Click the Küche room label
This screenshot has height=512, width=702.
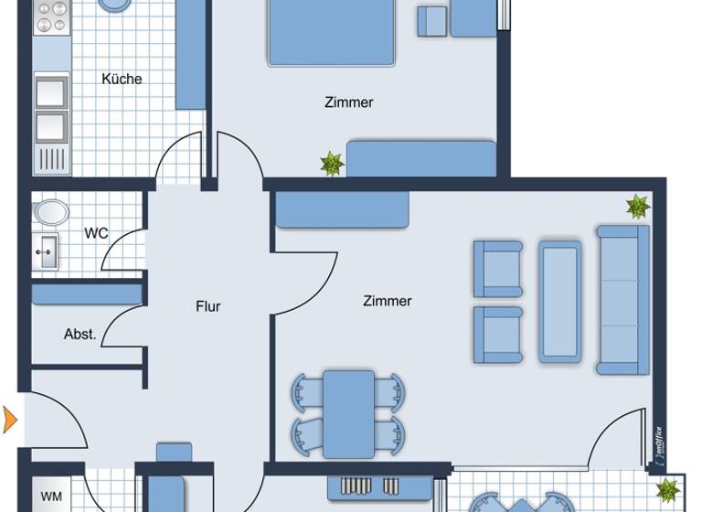click(122, 79)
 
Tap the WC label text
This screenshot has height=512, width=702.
click(96, 233)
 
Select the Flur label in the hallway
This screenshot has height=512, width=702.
click(208, 306)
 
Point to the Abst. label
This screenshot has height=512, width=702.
click(80, 335)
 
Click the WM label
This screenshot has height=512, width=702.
click(51, 497)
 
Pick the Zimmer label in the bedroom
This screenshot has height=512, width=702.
click(348, 102)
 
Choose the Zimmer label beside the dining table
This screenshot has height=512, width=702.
click(387, 301)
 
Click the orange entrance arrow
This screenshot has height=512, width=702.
click(10, 420)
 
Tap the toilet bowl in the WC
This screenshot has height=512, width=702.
click(51, 213)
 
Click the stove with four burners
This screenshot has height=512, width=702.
click(51, 19)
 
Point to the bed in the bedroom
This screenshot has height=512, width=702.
click(332, 32)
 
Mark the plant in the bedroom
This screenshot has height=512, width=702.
click(331, 165)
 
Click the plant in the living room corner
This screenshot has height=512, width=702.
click(638, 207)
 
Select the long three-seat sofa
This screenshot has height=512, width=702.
click(623, 300)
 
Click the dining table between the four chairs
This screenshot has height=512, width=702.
click(348, 413)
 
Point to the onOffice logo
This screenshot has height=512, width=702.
click(660, 448)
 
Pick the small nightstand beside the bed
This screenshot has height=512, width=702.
click(431, 21)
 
